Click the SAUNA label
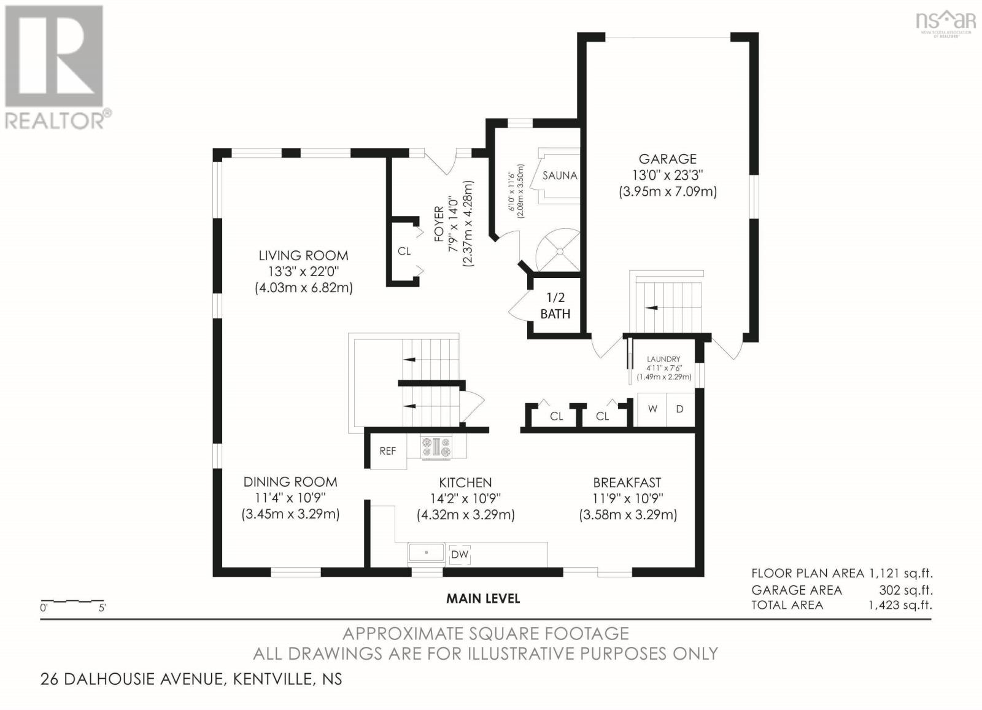click(559, 176)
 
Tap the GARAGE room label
click(667, 159)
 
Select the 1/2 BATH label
click(555, 306)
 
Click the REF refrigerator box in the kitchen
click(388, 451)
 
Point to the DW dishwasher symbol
click(460, 555)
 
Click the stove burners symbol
click(436, 447)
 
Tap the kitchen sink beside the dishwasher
click(427, 553)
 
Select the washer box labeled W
click(652, 409)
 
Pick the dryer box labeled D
click(679, 409)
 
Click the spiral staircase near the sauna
click(559, 251)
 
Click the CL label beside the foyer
click(404, 251)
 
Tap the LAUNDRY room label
click(663, 359)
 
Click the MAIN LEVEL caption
click(483, 598)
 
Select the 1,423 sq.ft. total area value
click(900, 605)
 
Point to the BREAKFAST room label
click(627, 482)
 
